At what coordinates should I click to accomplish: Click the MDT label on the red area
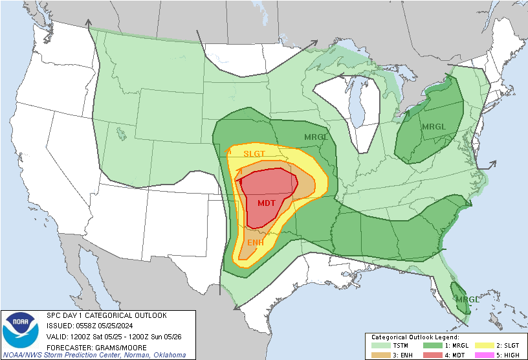266,203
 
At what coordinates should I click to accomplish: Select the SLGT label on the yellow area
254,154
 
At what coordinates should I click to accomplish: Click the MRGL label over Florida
467,299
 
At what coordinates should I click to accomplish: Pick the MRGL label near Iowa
316,137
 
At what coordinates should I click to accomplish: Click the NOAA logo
20,328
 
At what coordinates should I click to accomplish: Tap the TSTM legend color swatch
378,346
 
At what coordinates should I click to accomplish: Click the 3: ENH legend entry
391,355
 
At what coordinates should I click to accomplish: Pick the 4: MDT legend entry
447,355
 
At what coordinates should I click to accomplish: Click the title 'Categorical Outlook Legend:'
415,337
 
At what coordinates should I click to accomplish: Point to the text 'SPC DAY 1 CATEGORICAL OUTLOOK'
106,315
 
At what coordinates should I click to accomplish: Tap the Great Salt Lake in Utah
122,134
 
